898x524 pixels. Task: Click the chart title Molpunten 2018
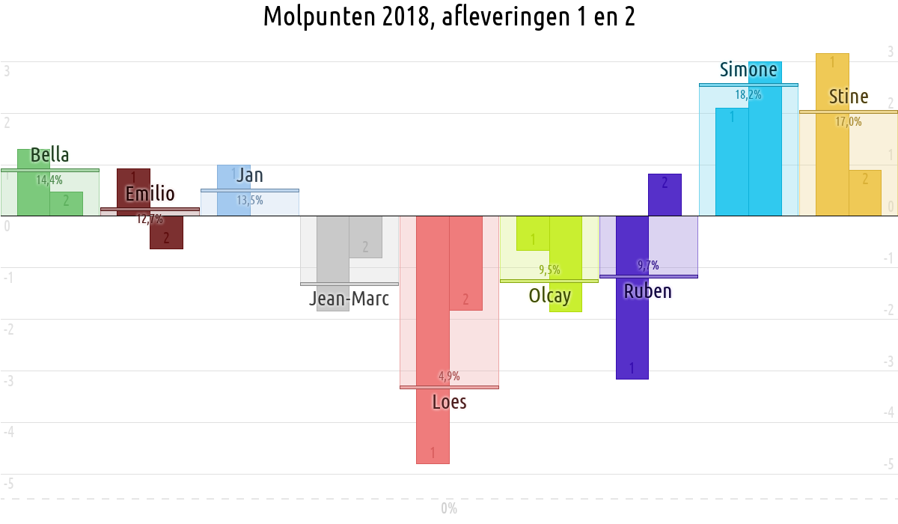point(449,16)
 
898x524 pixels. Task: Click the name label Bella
point(49,156)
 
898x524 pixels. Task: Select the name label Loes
point(449,403)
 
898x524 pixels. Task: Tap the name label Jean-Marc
point(349,299)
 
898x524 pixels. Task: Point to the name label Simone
point(748,70)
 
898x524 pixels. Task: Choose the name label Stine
point(849,97)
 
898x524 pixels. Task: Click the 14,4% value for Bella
point(49,180)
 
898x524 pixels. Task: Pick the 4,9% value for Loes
point(449,376)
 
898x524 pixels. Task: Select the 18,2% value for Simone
point(748,95)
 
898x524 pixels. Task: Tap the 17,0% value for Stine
point(849,121)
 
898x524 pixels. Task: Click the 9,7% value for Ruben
point(648,265)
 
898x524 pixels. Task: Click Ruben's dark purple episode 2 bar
point(665,195)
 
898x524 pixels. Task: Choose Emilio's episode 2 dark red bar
point(166,234)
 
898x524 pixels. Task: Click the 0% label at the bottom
point(449,509)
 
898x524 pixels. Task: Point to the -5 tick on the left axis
point(9,484)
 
